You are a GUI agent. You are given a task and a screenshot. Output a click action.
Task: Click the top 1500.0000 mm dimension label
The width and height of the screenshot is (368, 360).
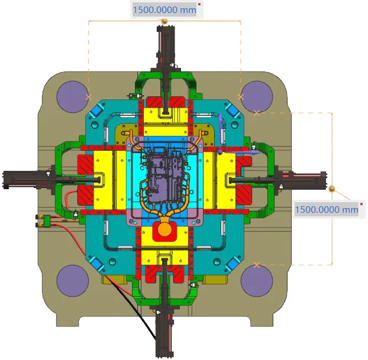164,10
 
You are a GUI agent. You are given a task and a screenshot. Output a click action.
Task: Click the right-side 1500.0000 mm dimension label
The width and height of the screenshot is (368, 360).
327,209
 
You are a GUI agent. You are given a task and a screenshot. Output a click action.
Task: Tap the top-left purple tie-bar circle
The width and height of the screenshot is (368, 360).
73,97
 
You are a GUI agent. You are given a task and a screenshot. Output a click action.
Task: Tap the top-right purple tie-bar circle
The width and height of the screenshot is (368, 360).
257,97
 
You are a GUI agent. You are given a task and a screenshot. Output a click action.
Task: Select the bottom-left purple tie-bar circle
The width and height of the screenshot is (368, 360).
73,281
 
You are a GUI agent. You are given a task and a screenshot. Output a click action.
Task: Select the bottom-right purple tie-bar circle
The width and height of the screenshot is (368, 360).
257,281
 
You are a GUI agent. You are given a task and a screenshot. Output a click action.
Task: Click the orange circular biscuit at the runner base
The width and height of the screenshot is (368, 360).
164,230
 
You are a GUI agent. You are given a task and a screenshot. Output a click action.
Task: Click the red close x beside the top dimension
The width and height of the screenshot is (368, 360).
199,4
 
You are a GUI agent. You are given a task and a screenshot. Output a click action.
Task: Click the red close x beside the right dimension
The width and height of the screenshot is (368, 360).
361,204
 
